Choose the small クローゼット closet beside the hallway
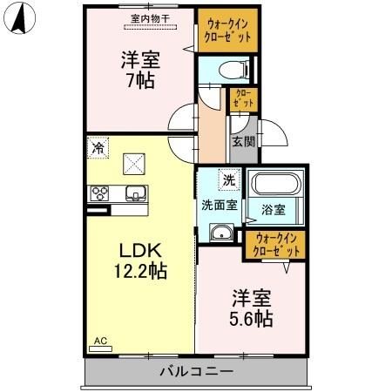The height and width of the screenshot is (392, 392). (243, 99)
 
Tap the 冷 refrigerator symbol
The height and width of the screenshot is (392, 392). (98, 148)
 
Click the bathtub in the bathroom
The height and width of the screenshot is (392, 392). (275, 185)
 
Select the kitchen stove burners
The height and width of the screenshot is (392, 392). (98, 193)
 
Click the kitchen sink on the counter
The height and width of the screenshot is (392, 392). (134, 193)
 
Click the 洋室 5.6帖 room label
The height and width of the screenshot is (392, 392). (251, 307)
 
